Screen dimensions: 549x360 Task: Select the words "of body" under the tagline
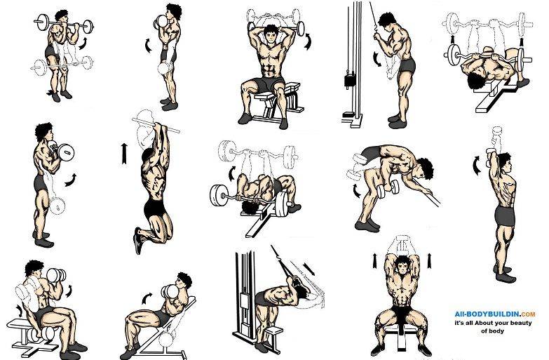click(493, 331)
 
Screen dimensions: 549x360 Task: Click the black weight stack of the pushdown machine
click(349, 80)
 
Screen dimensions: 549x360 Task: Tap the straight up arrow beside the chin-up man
click(124, 154)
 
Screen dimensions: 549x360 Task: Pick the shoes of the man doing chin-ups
click(138, 240)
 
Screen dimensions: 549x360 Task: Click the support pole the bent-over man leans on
click(426, 192)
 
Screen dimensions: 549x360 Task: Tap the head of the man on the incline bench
click(184, 281)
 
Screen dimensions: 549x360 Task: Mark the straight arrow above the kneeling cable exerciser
click(309, 269)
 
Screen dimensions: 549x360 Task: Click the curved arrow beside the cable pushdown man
click(377, 59)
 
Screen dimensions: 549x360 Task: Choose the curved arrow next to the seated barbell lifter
click(307, 41)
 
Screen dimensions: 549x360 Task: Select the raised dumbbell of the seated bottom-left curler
click(56, 275)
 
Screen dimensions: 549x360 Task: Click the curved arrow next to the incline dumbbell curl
click(147, 298)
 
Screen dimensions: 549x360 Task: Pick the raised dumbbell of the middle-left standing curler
click(66, 152)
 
